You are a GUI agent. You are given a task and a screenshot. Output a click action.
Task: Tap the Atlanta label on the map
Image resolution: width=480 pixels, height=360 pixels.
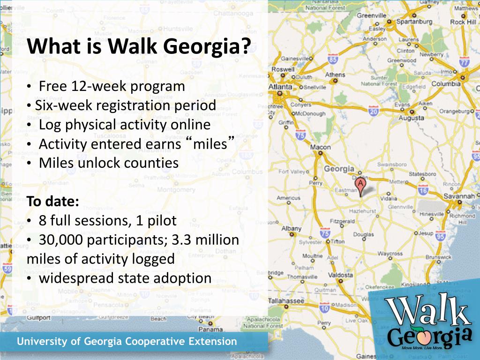point(280,87)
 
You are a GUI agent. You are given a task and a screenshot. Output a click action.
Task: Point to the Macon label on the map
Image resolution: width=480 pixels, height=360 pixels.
point(320,147)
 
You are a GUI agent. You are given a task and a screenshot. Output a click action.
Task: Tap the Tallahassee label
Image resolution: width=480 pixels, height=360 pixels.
point(286,300)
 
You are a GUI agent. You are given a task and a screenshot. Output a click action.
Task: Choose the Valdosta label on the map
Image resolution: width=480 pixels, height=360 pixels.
point(340,275)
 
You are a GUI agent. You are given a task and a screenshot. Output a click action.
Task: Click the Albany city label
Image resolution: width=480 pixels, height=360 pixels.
point(291,229)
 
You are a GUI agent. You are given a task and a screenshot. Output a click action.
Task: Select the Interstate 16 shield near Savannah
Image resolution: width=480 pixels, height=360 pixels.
point(423,189)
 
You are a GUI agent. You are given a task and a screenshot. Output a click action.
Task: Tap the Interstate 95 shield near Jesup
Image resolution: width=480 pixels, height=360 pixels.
point(440,237)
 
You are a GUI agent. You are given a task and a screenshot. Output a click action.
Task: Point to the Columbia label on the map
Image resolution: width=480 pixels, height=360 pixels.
point(446,84)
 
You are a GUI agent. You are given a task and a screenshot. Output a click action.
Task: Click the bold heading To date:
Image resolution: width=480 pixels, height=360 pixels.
point(52,202)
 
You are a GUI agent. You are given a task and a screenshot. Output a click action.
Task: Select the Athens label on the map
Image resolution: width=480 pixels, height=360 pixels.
point(335,75)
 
